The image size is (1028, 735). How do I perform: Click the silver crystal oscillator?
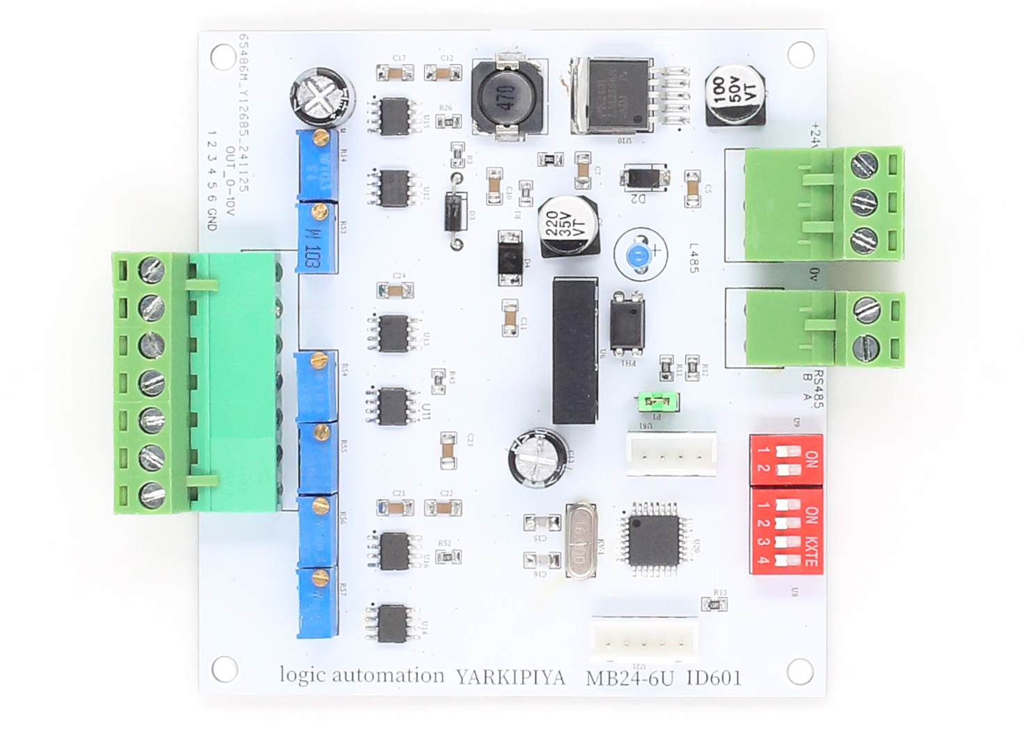pyautogui.click(x=581, y=540)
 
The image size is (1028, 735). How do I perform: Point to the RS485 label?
pyautogui.click(x=818, y=389)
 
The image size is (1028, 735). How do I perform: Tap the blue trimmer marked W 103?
pyautogui.click(x=316, y=238)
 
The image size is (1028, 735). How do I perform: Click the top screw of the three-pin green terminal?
pyautogui.click(x=865, y=166)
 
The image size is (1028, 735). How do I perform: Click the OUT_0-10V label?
pyautogui.click(x=230, y=180)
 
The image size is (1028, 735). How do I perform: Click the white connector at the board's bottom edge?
pyautogui.click(x=644, y=637)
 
